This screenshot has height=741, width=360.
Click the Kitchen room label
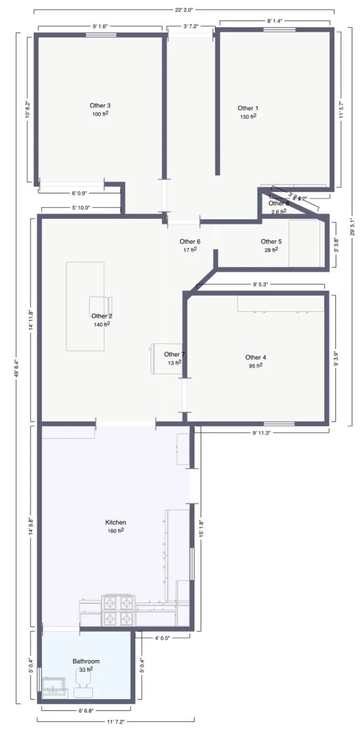pyautogui.click(x=115, y=522)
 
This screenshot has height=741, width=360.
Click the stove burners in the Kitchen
pyautogui.click(x=118, y=610)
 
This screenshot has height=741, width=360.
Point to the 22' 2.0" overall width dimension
pyautogui.click(x=184, y=9)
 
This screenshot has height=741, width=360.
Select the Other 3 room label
pyautogui.click(x=100, y=105)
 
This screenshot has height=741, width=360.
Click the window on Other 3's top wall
pyautogui.click(x=101, y=35)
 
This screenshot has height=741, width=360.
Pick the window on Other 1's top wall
pyautogui.click(x=279, y=30)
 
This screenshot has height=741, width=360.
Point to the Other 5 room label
pyautogui.click(x=271, y=242)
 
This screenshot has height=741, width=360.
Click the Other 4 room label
pyautogui.click(x=256, y=357)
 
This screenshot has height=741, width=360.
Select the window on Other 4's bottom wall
pyautogui.click(x=279, y=423)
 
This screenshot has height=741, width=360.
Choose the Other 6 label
pyautogui.click(x=190, y=242)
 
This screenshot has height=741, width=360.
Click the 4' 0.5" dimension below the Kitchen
pyautogui.click(x=162, y=637)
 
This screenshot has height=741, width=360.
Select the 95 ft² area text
pyautogui.click(x=256, y=366)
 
